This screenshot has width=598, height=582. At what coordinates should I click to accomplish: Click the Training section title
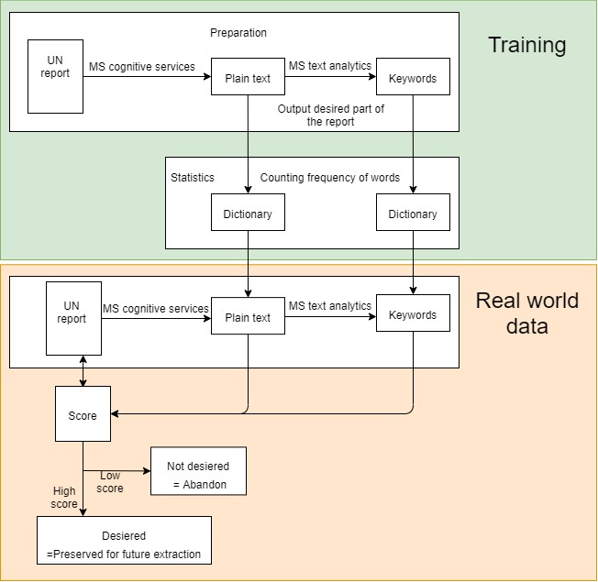[526, 45]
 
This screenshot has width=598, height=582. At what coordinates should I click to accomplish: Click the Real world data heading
[526, 313]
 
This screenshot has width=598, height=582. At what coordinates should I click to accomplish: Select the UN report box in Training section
[55, 76]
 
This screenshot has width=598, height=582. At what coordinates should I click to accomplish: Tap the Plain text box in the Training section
[248, 78]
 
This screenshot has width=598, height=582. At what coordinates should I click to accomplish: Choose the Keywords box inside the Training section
[413, 78]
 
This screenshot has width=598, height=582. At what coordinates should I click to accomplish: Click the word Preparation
[238, 33]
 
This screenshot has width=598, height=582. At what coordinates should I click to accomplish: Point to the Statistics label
[192, 177]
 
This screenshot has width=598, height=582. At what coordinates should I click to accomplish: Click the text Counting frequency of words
[330, 177]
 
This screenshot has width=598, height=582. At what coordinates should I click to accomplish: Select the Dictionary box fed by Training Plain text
[248, 213]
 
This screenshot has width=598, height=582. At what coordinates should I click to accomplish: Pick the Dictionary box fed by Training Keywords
[413, 214]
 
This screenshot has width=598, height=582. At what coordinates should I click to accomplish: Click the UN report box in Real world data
[73, 318]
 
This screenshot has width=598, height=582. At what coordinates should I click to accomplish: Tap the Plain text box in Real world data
[248, 318]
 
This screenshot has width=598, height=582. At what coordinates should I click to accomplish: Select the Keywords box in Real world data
[413, 315]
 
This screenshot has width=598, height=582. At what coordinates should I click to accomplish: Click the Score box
[83, 415]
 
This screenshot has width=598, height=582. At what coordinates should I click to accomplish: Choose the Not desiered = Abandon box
[198, 471]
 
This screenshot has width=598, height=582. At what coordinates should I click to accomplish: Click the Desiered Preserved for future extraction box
[124, 545]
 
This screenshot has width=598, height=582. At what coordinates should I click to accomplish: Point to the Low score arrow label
[110, 481]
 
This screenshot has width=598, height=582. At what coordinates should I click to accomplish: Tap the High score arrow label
[64, 498]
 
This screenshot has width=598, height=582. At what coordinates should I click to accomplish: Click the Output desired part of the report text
[330, 115]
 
